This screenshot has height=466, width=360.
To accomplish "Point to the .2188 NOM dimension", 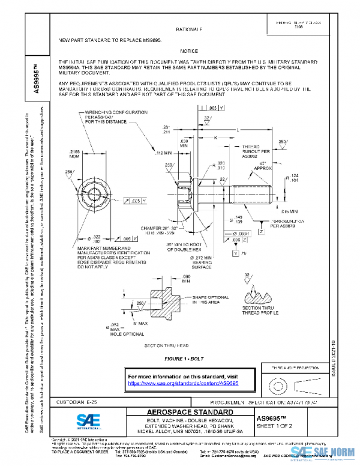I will (77, 155).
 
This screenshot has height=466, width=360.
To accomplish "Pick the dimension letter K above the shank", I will (216, 138).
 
